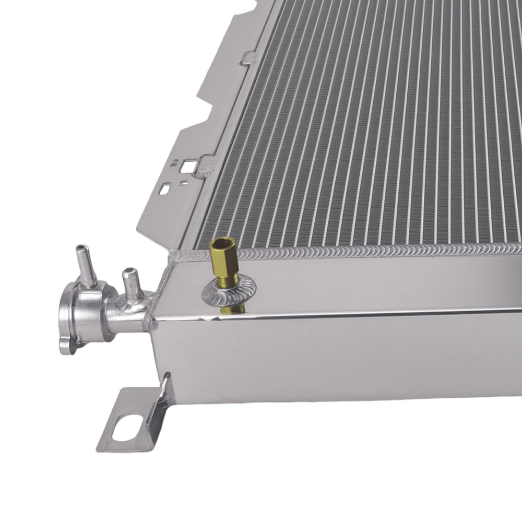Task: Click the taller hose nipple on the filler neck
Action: tap(84, 266)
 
